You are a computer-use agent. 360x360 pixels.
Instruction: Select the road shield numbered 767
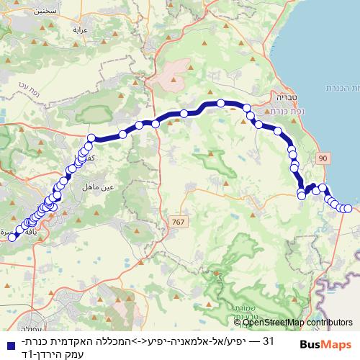click(178, 222)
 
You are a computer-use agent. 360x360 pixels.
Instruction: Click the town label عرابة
click(79, 30)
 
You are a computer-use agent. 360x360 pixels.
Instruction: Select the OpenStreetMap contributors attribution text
click(303, 323)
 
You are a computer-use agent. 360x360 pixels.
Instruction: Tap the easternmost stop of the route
click(348, 209)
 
